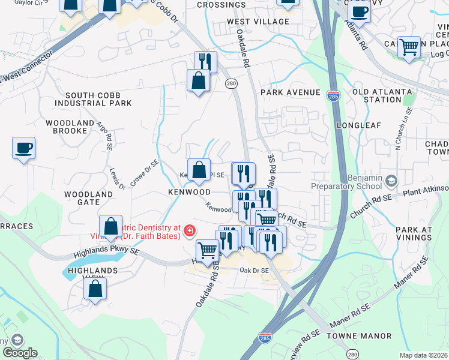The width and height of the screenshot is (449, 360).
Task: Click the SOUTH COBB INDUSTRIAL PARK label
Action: pos(98,99)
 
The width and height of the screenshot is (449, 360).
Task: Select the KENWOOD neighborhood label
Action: pos(190,192)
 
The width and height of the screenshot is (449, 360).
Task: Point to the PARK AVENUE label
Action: pos(291,92)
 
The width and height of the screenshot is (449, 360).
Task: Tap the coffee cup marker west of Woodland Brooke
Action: pos(23,148)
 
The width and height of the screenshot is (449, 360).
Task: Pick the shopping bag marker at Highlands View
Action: pos(95,289)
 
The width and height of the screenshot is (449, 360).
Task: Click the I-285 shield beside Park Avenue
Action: pos(333,95)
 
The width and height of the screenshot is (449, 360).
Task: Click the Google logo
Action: pos(20,353)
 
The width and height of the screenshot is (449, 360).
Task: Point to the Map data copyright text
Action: pos(423,355)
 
